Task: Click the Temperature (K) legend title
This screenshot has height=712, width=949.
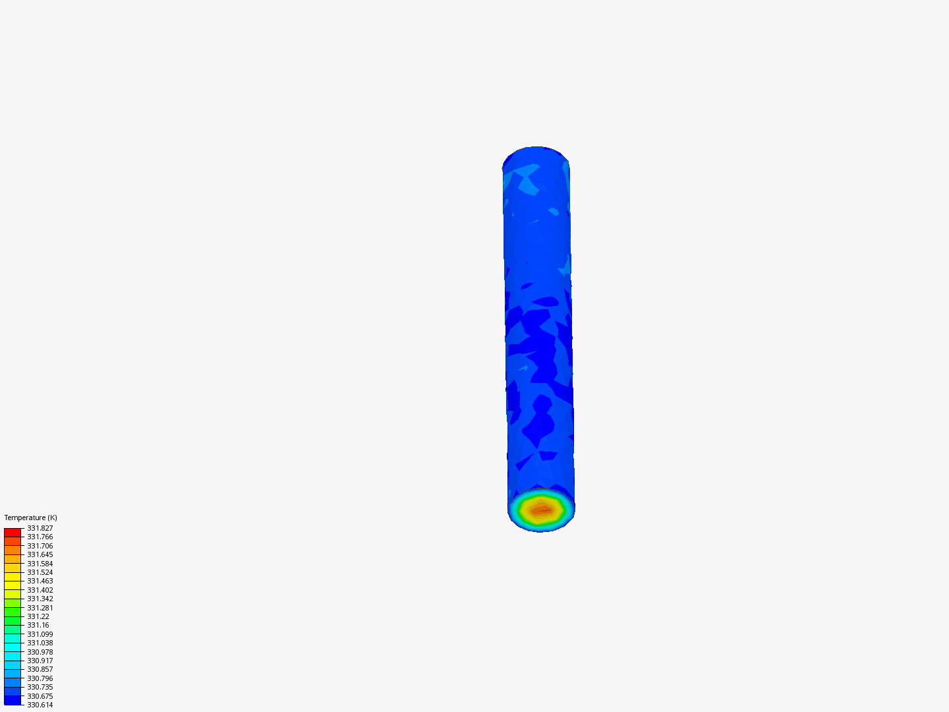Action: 30,518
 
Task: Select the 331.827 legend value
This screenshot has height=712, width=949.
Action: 40,528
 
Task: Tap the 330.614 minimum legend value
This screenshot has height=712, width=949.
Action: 40,705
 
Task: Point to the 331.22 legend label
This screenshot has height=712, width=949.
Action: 38,616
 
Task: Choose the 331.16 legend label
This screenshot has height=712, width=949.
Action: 38,625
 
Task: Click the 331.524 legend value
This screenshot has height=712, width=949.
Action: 40,572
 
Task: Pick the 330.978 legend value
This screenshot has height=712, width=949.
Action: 40,652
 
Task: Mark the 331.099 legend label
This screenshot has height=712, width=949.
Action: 40,634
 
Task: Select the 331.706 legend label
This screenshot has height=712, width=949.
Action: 40,546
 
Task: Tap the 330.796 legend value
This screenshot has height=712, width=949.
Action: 40,678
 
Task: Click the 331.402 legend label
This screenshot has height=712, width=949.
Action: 40,590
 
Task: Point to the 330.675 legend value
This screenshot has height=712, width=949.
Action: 40,696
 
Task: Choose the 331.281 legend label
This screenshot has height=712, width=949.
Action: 40,608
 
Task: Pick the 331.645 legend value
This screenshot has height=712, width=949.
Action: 40,554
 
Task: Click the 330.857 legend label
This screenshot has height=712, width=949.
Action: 40,669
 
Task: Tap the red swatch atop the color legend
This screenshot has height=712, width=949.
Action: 13,532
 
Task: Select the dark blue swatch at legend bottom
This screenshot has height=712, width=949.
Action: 13,700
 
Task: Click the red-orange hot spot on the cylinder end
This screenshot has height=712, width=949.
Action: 542,510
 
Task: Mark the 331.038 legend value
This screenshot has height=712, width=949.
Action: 40,643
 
